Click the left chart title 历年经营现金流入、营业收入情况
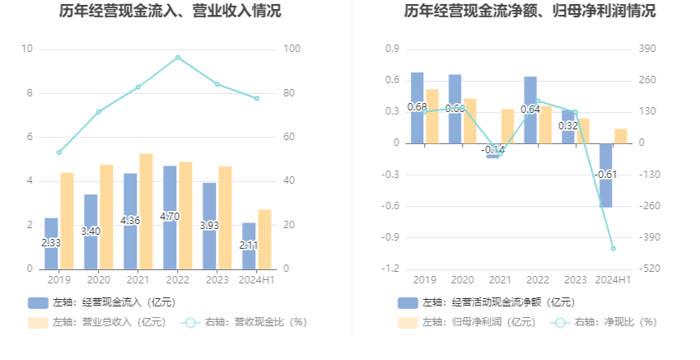coord(170,12)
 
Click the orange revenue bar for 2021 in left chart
coord(146,211)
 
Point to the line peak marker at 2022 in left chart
coord(177,58)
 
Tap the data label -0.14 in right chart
coord(493,150)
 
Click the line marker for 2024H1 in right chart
coord(613,248)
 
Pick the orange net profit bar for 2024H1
coord(620,136)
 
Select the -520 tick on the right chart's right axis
coord(647,269)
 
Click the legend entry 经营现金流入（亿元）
coord(102,302)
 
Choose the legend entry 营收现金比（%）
coord(245,323)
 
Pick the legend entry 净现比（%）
coord(606,323)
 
